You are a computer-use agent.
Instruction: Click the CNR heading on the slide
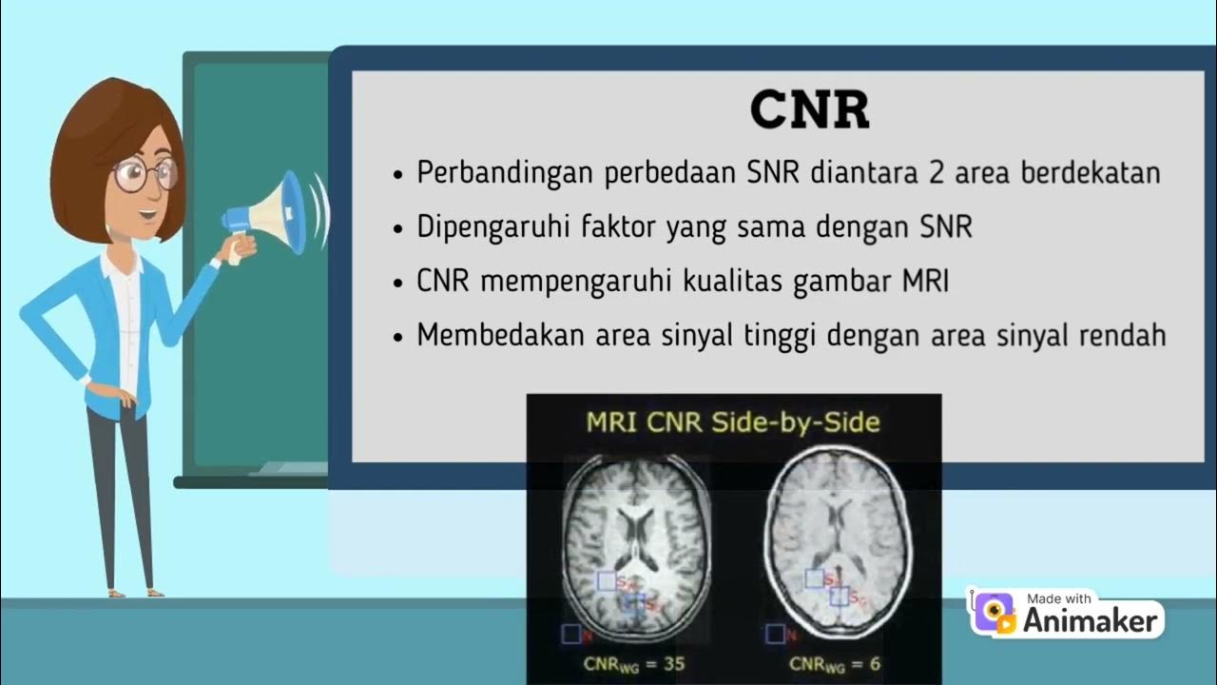[809, 111]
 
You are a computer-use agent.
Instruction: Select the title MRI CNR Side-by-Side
[733, 422]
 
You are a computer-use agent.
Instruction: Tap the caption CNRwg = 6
[837, 663]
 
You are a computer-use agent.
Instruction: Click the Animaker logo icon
[994, 613]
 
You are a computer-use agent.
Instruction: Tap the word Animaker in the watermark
[1091, 621]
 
